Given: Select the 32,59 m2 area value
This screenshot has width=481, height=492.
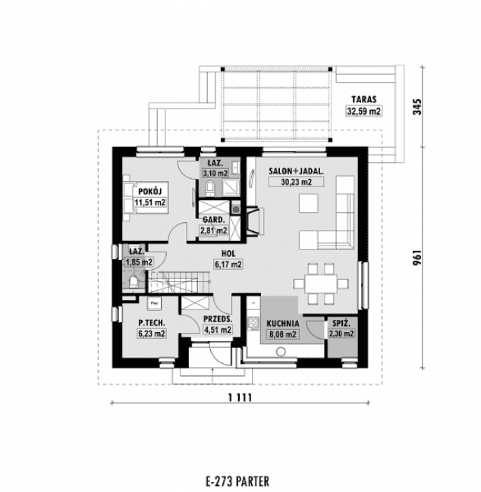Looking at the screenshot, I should point(364,111).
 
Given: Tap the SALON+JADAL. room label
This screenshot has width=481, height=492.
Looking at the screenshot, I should point(296,172).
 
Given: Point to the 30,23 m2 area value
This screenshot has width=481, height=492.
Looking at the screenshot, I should point(296,183).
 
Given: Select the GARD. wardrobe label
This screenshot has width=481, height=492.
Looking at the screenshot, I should point(212,219).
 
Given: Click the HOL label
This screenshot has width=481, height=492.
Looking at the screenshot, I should point(228,254).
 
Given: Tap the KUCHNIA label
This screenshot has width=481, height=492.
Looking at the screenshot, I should point(283,322).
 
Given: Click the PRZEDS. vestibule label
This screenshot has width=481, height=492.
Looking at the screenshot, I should point(218,318).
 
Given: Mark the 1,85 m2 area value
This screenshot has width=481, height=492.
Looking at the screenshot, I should point(139,262).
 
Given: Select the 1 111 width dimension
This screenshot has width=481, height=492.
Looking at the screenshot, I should point(240,397).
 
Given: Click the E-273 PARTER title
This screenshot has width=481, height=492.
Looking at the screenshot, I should point(237,480).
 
